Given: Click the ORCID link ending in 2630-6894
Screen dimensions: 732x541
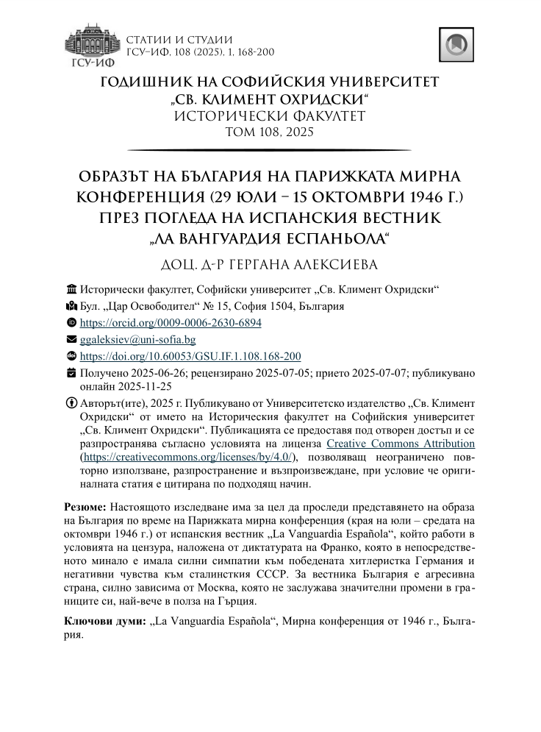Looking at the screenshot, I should (171, 323).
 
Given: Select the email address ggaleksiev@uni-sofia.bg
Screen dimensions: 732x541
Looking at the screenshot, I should (137, 340).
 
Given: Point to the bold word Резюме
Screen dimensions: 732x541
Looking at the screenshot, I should (85, 508).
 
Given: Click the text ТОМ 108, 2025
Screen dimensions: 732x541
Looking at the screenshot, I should (270, 132).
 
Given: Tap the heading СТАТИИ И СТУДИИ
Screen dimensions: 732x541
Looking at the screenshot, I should (180, 39).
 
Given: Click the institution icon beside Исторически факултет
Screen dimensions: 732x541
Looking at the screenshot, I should (71, 289).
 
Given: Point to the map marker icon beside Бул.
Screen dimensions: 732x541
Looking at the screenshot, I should (71, 306).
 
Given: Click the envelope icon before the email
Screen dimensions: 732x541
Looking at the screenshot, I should (71, 340).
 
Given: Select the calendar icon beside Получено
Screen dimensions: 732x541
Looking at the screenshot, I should (71, 373).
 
